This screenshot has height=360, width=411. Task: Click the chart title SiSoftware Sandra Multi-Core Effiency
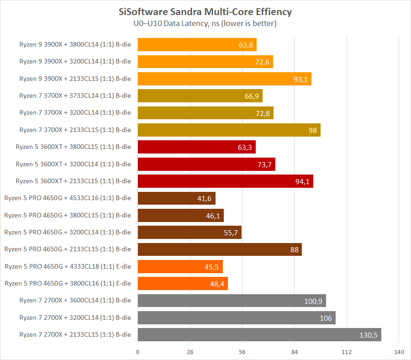[x=205, y=11]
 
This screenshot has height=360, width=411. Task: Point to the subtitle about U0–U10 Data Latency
[x=205, y=23]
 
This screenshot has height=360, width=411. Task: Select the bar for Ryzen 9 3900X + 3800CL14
[x=197, y=45]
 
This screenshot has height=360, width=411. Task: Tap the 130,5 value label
[x=369, y=335]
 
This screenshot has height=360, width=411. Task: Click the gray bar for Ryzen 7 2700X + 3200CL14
[x=237, y=318]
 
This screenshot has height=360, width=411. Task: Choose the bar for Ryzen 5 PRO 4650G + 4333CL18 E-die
[x=180, y=267]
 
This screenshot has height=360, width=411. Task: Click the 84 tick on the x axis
[x=295, y=352]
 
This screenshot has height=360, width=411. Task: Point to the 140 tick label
[x=399, y=352]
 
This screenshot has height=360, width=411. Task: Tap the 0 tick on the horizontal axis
[x=137, y=352]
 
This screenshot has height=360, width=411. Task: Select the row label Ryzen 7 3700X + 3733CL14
[x=75, y=95]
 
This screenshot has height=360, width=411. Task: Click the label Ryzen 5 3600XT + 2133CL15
[x=73, y=181]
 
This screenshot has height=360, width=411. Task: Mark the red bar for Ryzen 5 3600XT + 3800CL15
[x=196, y=147]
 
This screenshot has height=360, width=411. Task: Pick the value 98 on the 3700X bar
[x=312, y=130]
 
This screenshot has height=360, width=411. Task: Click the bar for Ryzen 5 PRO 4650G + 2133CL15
[x=220, y=249]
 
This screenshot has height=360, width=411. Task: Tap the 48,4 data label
[x=216, y=284]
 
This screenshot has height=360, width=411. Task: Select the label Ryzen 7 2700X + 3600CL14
[x=75, y=301]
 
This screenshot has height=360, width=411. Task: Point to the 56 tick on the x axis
[x=242, y=352]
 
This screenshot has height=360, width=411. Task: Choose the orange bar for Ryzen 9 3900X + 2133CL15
[x=224, y=79]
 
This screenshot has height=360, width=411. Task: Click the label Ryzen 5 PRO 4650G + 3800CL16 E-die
[x=68, y=283]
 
